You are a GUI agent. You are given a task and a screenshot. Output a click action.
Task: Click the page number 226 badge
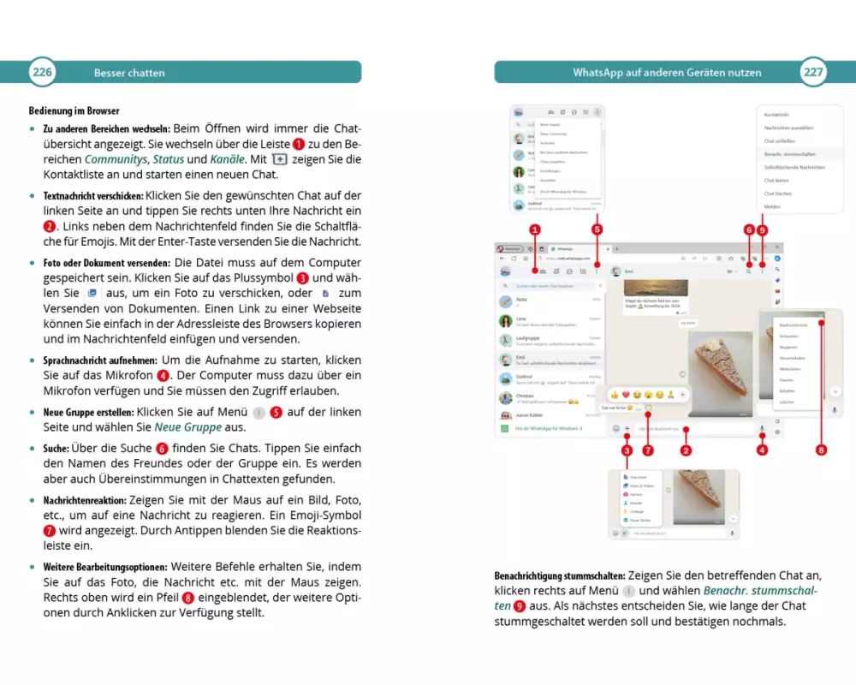coord(43,72)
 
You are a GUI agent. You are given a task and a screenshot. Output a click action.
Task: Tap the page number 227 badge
coord(812,72)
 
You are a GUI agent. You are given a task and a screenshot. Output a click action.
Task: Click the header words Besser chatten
coord(129,73)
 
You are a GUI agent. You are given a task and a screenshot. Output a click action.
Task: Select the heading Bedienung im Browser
coord(74,110)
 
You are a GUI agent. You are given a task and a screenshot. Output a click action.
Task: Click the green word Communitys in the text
coord(116,159)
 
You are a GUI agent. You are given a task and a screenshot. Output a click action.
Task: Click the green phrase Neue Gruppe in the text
coord(187,426)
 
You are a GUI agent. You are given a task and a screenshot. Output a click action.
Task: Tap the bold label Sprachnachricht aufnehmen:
coord(98,360)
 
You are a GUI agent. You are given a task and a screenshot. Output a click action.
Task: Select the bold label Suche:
coord(60,448)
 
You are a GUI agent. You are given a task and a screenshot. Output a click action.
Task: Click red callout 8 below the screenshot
coord(821,450)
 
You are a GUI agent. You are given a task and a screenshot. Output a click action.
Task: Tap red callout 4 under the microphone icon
coord(762,450)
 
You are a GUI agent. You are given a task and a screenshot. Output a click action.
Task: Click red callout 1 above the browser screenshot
coord(535,229)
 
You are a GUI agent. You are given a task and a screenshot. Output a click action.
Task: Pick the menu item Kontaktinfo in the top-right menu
coord(776,115)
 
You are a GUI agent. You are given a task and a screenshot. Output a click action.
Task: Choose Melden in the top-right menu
coord(773,206)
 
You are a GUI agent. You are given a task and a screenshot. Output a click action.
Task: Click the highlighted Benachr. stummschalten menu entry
coord(790,154)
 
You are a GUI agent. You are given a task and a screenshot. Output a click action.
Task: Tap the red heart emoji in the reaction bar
coord(626,395)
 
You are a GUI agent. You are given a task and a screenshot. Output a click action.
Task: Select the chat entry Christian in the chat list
coord(526,396)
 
